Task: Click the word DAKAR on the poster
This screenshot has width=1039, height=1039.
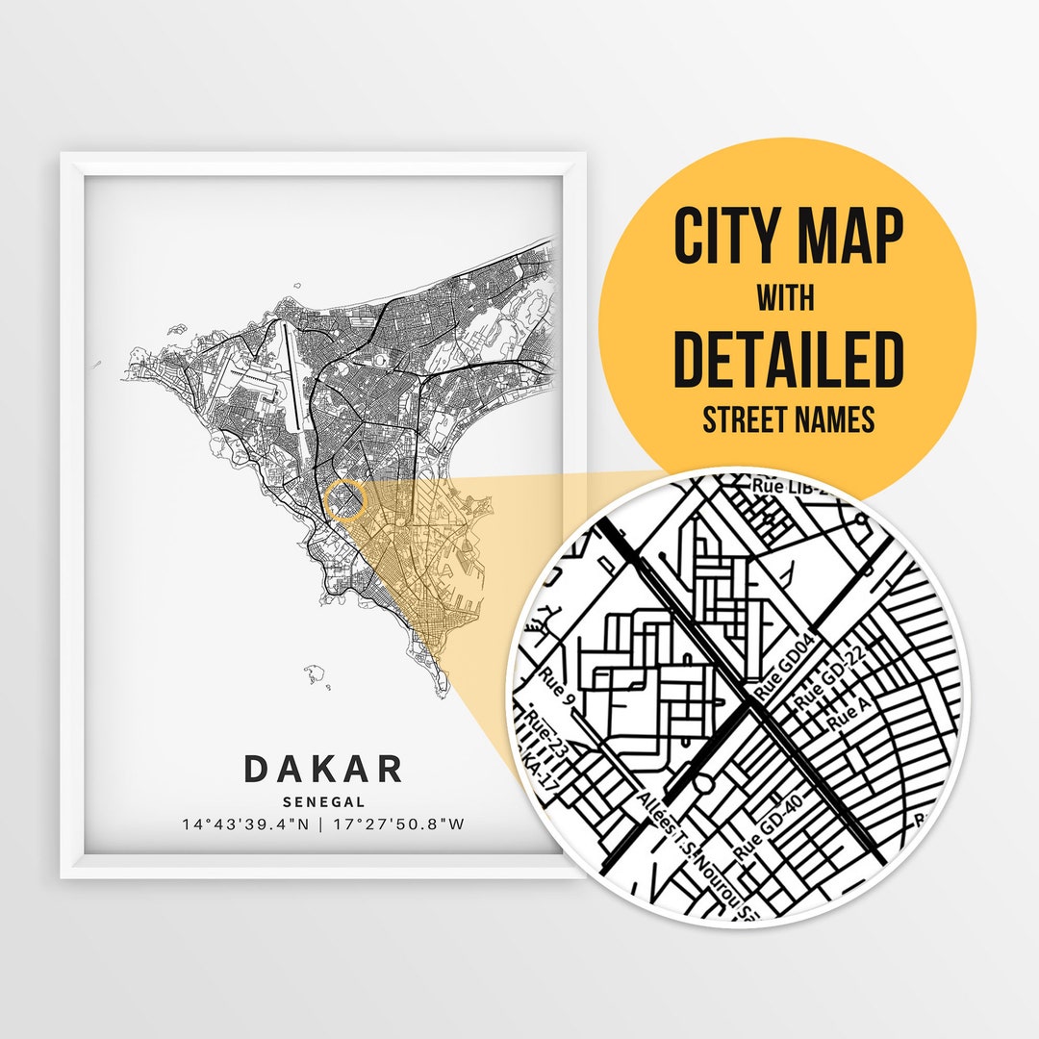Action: [323, 769]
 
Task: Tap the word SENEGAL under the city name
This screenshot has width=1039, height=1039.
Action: [323, 800]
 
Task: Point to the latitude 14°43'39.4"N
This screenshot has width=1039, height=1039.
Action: [241, 824]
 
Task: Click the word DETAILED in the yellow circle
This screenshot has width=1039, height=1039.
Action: [788, 359]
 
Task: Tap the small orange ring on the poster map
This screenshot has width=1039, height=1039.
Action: [346, 500]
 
